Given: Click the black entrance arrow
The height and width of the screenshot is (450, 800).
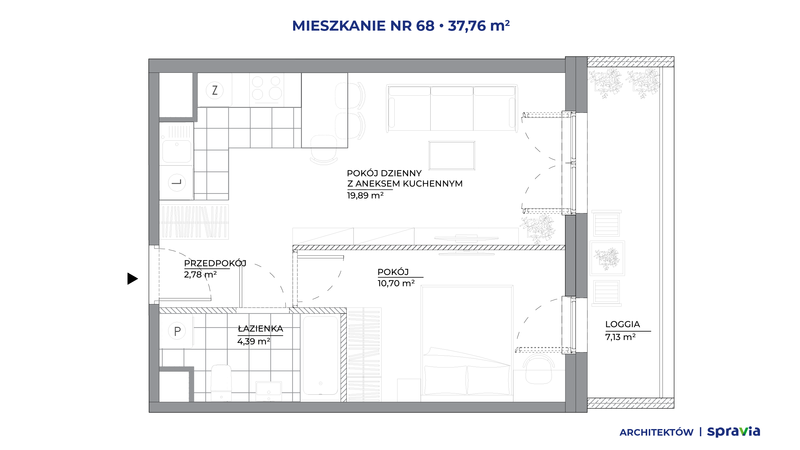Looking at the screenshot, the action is [132, 279].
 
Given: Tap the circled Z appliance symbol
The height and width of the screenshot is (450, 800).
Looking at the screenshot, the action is [215, 90].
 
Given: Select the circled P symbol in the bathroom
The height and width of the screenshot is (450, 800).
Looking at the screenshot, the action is [177, 331].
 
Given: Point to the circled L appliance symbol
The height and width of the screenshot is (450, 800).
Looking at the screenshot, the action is [177, 182].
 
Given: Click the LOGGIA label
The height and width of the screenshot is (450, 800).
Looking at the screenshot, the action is [622, 324].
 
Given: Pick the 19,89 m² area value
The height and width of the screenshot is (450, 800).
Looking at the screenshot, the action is [365, 196].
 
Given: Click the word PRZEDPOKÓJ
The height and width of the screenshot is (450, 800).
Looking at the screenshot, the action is [215, 263].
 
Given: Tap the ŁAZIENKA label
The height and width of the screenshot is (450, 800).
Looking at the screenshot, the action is [260, 329].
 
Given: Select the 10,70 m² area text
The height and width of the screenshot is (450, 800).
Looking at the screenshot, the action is [396, 283].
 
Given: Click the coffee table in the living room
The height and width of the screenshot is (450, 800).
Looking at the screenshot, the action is [452, 156].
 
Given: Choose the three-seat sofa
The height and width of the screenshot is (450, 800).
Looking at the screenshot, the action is [452, 108].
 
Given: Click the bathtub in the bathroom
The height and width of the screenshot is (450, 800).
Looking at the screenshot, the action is [320, 356].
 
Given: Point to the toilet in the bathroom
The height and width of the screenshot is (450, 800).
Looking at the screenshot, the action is [221, 383].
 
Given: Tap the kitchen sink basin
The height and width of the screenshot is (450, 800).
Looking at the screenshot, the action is [177, 151].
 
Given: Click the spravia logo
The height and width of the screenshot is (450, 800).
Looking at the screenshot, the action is [733, 432].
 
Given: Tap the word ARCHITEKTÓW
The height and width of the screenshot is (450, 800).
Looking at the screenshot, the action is [657, 432].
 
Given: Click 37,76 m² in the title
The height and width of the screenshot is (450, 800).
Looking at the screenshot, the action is [479, 26].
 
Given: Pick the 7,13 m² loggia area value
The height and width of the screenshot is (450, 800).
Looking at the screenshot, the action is [620, 337].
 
